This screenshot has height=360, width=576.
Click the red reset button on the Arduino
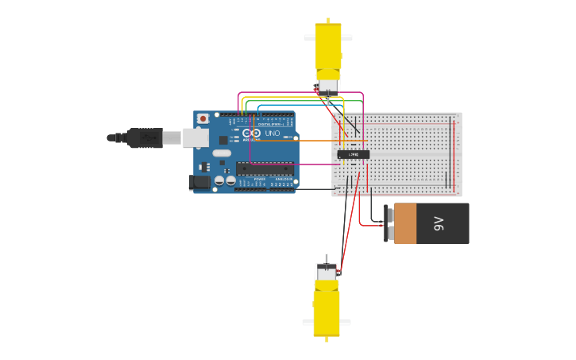(203, 118)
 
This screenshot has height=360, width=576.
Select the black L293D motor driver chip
(353, 154)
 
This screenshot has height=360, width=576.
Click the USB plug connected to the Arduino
(145, 137)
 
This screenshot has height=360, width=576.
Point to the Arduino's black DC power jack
(199, 183)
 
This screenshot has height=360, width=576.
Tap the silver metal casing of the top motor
(327, 85)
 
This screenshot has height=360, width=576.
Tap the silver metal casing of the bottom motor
(327, 271)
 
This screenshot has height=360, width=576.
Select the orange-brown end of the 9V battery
(404, 223)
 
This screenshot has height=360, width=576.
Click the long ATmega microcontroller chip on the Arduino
(265, 168)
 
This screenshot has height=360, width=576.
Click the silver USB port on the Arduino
(195, 137)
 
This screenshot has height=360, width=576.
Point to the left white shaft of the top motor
(309, 37)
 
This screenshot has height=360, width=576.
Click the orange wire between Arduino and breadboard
(318, 141)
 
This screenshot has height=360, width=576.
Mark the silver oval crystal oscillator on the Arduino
(222, 153)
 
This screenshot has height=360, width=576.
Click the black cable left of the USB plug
(116, 137)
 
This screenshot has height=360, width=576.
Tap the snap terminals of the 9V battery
(388, 223)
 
